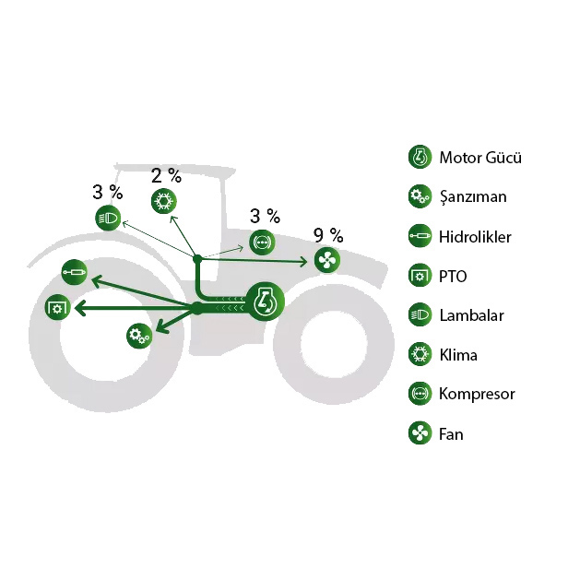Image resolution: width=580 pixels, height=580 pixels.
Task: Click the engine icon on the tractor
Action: [x=265, y=302]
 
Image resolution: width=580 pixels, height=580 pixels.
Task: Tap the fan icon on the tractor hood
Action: [x=327, y=260]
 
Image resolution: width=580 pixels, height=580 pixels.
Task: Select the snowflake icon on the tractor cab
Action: [x=164, y=201]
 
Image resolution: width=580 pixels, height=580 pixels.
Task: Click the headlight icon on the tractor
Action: [x=108, y=219]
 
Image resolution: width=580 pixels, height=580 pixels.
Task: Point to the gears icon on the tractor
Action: [x=139, y=336]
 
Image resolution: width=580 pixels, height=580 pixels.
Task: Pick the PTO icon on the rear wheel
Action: [x=57, y=307]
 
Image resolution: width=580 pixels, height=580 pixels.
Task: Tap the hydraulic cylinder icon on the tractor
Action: [x=74, y=272]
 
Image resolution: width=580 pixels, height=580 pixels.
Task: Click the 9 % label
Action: [x=328, y=235]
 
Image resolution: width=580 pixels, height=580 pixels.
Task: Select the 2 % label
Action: [x=167, y=176]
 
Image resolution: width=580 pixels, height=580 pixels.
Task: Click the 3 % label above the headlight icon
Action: [x=108, y=193]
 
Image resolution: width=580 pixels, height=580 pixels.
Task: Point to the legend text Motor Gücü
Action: [x=480, y=158]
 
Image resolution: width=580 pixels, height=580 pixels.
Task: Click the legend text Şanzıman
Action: [x=473, y=196]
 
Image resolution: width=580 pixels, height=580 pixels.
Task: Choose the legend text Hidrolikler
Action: [x=475, y=237]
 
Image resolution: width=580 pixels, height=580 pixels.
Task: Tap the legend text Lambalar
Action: [x=471, y=315]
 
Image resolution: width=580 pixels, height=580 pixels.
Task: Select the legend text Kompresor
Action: [x=477, y=394]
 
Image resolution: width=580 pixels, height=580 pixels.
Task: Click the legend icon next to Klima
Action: [x=420, y=354]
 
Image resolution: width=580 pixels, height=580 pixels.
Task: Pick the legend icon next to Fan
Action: [x=420, y=432]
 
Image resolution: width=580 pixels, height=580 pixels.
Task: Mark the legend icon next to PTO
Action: [x=420, y=276]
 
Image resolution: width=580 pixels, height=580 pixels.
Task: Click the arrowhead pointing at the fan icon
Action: [x=303, y=262]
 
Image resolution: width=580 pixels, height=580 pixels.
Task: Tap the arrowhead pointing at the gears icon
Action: [x=161, y=327]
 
